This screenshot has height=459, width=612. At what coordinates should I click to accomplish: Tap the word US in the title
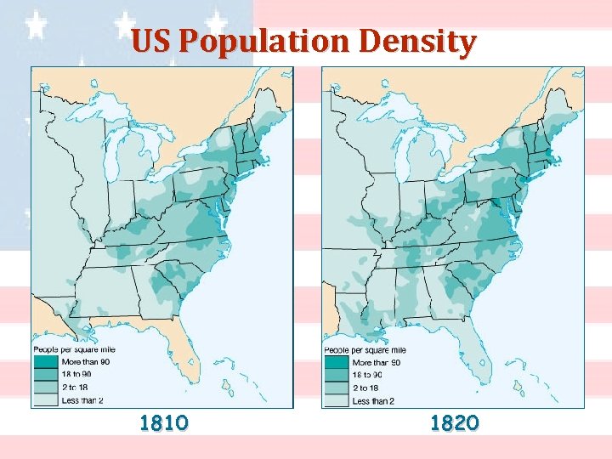pos(152,42)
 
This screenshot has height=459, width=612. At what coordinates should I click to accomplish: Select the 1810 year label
pos(164,422)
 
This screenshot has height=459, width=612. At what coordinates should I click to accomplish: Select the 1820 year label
pos(455,422)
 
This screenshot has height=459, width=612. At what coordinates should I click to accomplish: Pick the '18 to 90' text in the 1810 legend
pos(76,373)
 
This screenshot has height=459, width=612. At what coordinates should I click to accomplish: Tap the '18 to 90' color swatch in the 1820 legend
pos(337,375)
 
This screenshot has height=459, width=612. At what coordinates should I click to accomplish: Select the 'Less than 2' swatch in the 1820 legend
pos(337,399)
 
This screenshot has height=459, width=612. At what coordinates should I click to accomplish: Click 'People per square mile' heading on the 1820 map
pos(365,350)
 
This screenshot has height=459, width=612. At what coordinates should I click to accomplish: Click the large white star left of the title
pos(36,25)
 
